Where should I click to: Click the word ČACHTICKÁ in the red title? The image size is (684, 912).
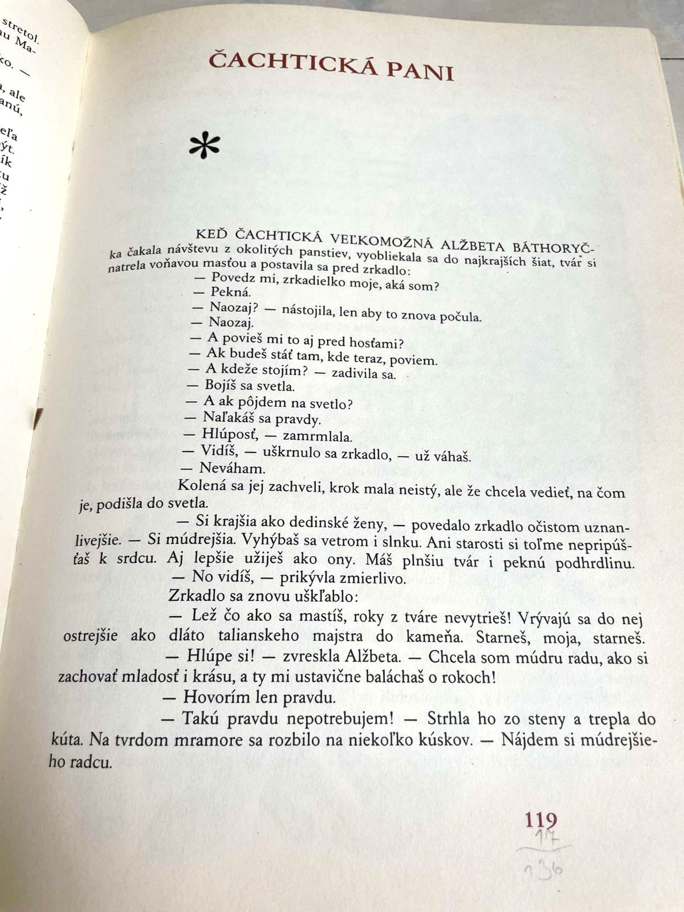click(x=285, y=63)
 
